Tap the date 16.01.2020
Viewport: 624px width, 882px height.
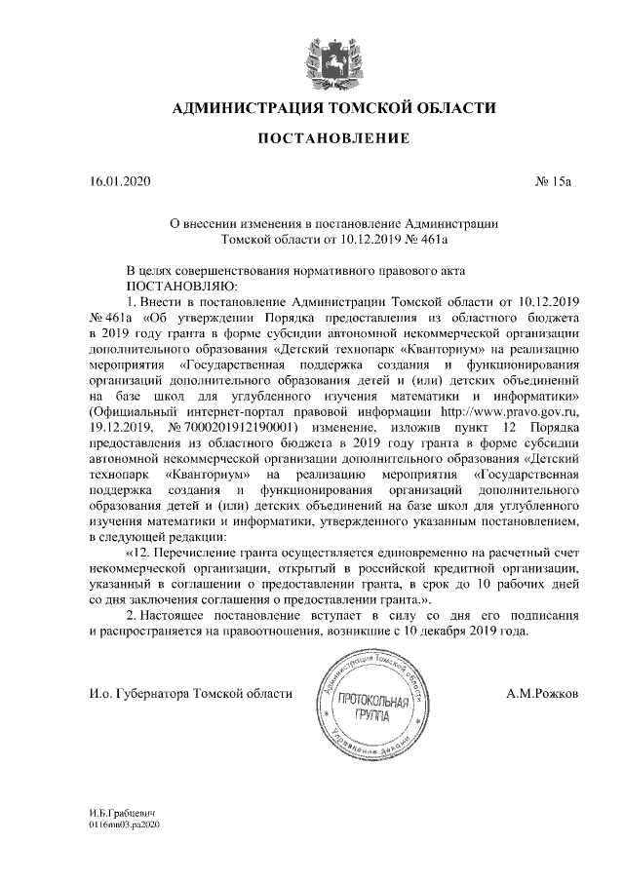pyautogui.click(x=120, y=182)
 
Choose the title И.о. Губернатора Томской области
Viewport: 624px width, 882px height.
pyautogui.click(x=190, y=693)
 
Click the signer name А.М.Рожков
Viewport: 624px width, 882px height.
pyautogui.click(x=542, y=693)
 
